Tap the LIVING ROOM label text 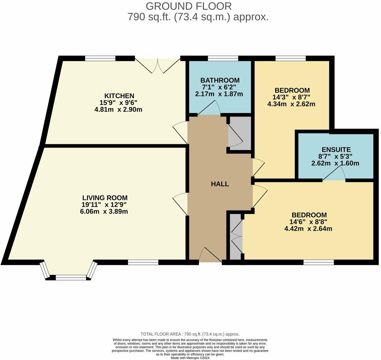[x=105, y=197]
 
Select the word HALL [x=220, y=184]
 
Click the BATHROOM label [x=220, y=80]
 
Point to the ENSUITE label [x=336, y=149]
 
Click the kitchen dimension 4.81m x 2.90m [x=118, y=110]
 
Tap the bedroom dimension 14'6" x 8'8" [x=308, y=222]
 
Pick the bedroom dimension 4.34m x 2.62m [x=291, y=104]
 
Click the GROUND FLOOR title [x=188, y=6]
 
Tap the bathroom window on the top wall [x=223, y=58]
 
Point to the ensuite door [x=334, y=175]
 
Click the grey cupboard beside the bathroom [x=239, y=133]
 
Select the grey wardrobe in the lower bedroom [x=236, y=237]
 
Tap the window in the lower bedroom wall [x=319, y=262]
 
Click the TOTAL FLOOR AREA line [x=190, y=334]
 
